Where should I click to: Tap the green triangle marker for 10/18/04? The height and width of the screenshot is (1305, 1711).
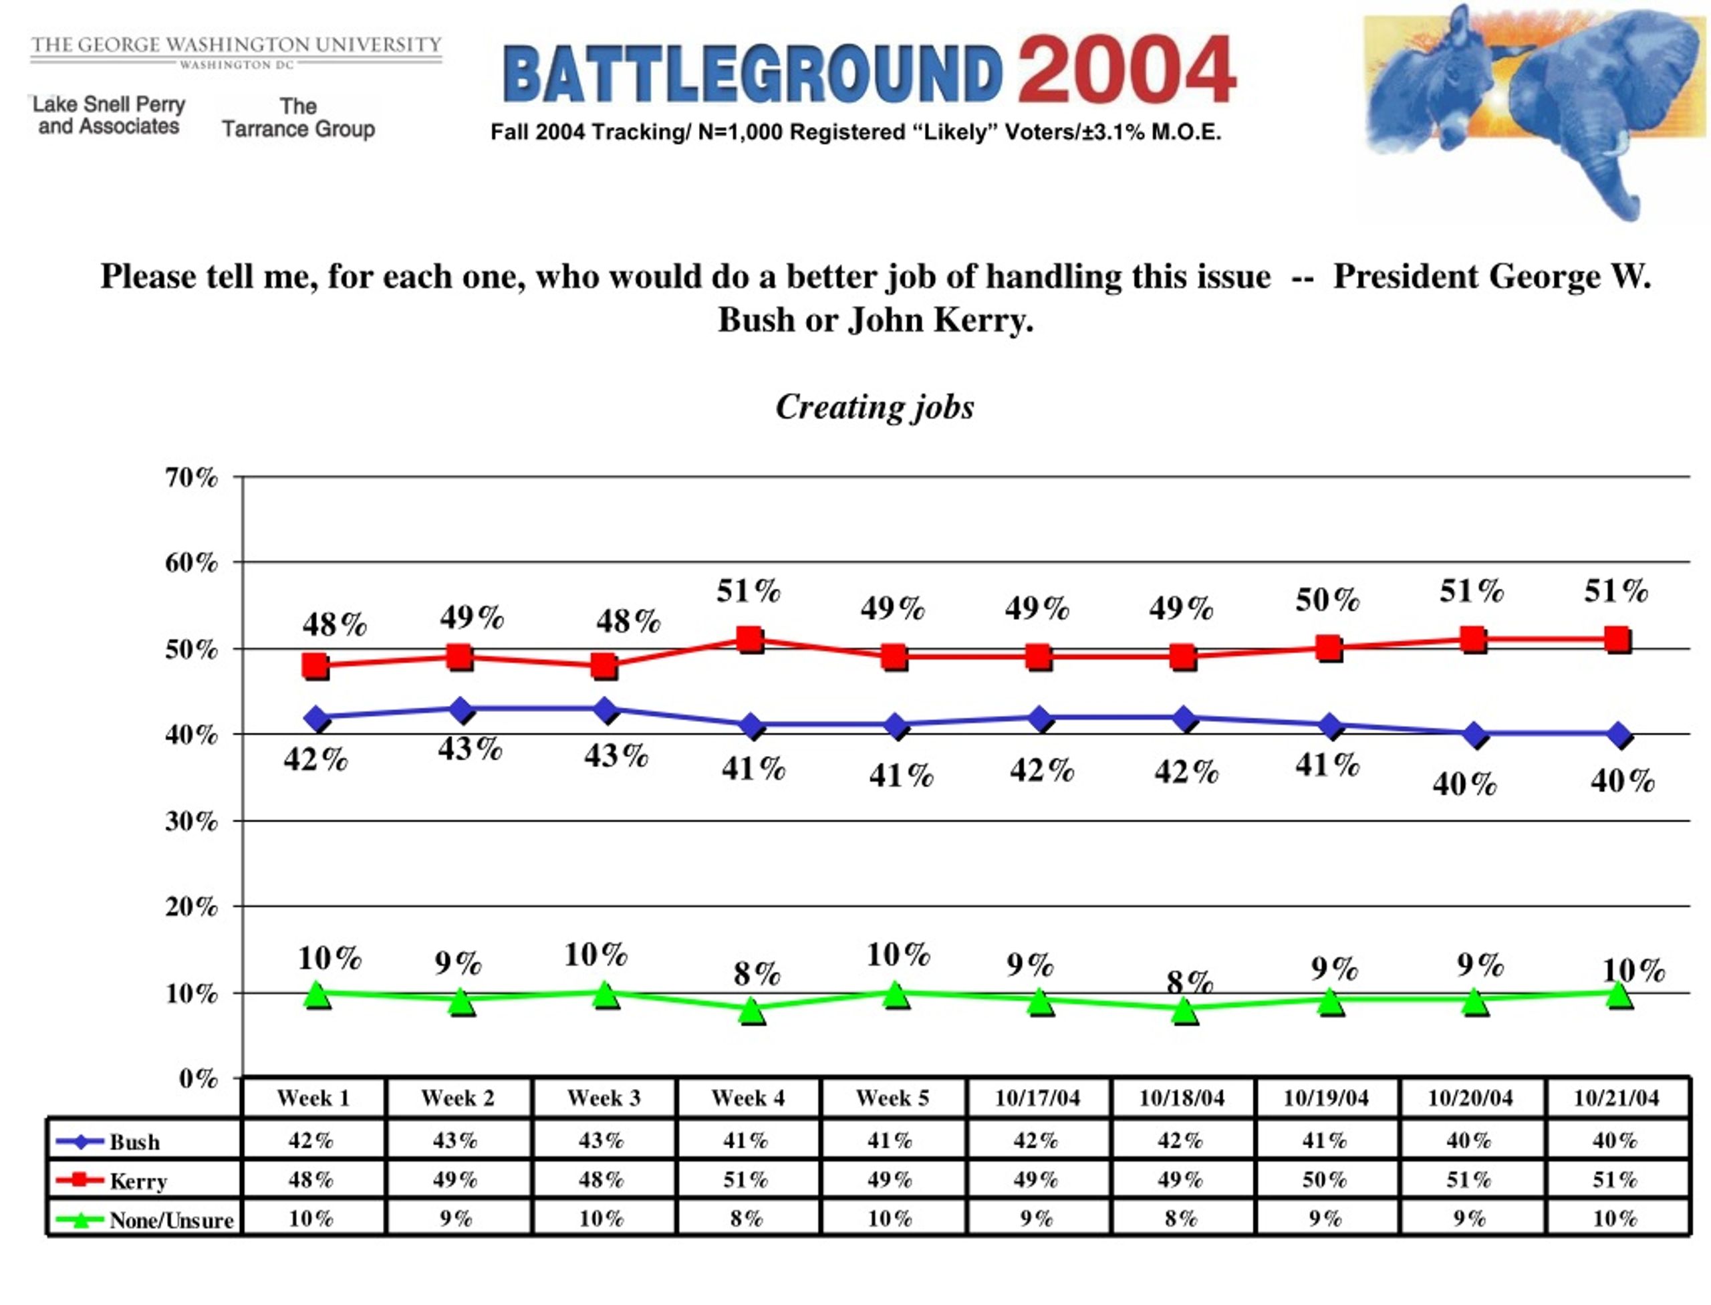tap(1184, 1009)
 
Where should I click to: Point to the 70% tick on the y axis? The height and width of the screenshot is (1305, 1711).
tap(191, 477)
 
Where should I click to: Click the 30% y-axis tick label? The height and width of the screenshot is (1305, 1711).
tap(191, 820)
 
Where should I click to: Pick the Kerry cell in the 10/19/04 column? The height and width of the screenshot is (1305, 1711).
tap(1326, 1179)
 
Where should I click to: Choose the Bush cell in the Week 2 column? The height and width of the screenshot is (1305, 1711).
tap(456, 1140)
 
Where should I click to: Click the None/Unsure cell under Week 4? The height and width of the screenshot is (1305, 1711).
tap(747, 1218)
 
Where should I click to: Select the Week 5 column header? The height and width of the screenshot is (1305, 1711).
tap(892, 1098)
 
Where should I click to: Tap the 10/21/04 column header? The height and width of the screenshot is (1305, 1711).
tap(1615, 1098)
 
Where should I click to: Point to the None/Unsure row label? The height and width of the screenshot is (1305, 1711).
tap(171, 1219)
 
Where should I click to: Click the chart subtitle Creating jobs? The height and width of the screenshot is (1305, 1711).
tap(874, 407)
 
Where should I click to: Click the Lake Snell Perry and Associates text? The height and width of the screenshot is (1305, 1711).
tap(109, 115)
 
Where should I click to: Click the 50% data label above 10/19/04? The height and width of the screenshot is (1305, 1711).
tap(1327, 600)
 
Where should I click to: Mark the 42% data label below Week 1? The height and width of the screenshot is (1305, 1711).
tap(315, 759)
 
